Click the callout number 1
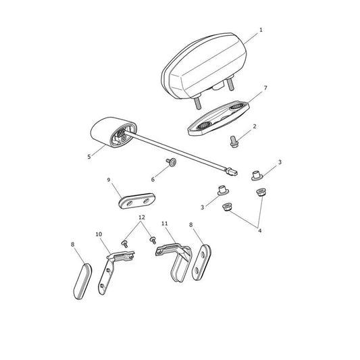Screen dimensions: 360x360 [261, 30]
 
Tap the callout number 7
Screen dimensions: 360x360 [265, 88]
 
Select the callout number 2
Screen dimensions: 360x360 [255, 126]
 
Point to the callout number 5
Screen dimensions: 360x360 [89, 157]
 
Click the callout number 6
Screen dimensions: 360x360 [153, 180]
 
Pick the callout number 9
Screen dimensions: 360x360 [109, 180]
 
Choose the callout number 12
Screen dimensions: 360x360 [142, 217]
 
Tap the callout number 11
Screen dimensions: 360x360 [165, 224]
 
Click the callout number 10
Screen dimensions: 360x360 [99, 234]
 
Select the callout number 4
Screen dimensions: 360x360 [259, 230]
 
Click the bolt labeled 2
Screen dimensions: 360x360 [234, 141]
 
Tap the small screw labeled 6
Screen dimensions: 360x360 [172, 162]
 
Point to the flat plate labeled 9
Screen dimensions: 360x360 [137, 201]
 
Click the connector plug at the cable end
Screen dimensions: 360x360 [231, 172]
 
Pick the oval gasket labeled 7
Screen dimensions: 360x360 [218, 118]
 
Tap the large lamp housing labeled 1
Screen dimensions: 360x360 [205, 67]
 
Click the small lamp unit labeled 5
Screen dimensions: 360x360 [113, 132]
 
